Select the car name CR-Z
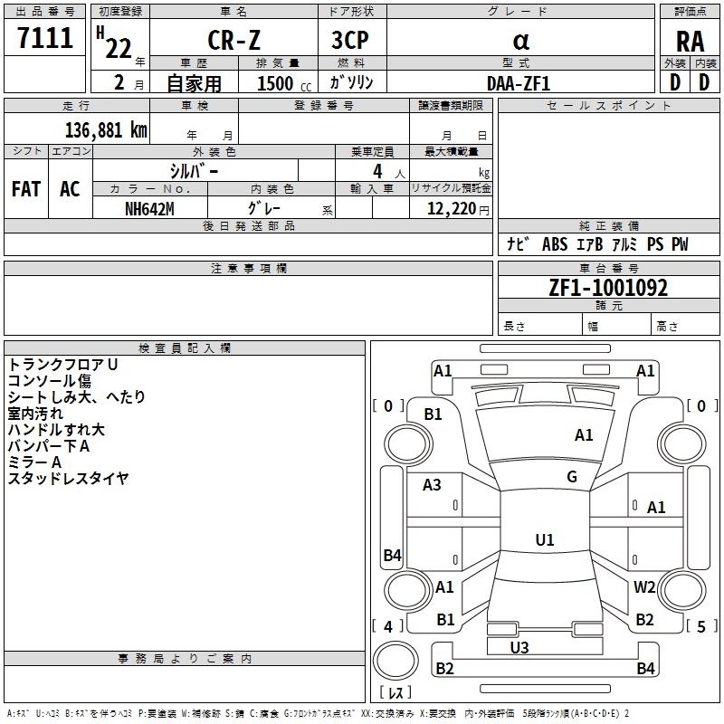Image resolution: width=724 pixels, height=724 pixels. (233, 41)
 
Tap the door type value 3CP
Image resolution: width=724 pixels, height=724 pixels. (352, 41)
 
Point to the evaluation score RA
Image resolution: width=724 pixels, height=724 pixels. (690, 42)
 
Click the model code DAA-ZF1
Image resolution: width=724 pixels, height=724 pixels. (519, 82)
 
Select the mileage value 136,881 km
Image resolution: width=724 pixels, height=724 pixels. (106, 129)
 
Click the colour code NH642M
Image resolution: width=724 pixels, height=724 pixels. (149, 208)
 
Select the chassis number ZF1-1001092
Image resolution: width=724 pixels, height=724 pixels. (608, 288)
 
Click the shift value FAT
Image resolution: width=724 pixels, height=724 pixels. (26, 189)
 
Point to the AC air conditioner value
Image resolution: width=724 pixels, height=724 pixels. (70, 189)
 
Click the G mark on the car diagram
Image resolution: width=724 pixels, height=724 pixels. (572, 477)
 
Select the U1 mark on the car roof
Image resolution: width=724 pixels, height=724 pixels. (544, 540)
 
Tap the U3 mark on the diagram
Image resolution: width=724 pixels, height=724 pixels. (519, 647)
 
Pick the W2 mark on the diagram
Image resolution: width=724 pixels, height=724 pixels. (644, 586)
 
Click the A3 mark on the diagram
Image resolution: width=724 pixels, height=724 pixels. (433, 485)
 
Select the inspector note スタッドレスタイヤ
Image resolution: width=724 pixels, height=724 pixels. (68, 478)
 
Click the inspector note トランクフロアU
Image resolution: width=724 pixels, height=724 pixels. (63, 364)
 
